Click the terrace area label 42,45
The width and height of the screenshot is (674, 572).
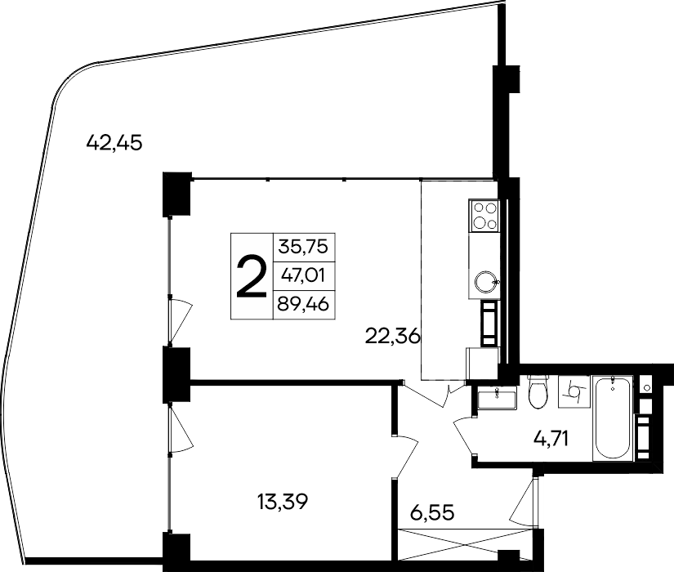click(x=114, y=144)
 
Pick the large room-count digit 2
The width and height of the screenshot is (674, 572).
click(x=251, y=277)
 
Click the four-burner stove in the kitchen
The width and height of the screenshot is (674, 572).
click(x=484, y=216)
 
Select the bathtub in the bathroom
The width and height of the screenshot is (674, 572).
click(x=612, y=418)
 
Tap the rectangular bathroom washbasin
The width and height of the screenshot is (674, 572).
click(x=495, y=399)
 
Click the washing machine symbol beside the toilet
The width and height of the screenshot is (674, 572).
click(x=574, y=393)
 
